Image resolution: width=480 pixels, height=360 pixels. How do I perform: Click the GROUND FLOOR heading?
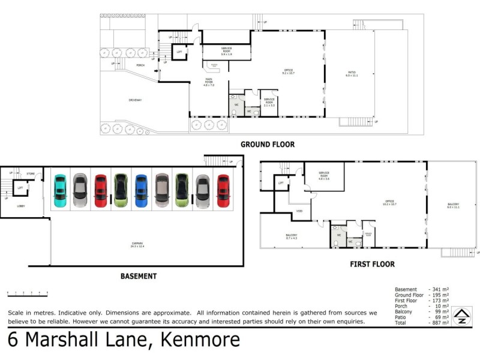click(x=268, y=145)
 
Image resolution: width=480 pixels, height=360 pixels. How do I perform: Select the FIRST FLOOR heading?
click(x=372, y=264)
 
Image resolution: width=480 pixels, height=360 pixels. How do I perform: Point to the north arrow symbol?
click(x=461, y=316)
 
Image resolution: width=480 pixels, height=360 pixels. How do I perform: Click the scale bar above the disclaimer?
click(x=27, y=293)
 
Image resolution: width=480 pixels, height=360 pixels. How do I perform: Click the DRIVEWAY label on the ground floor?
click(x=135, y=100)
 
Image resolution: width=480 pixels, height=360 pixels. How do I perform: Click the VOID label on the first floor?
click(x=299, y=211)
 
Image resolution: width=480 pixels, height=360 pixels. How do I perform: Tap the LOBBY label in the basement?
click(x=20, y=206)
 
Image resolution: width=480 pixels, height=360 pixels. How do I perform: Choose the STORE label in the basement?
click(x=31, y=174)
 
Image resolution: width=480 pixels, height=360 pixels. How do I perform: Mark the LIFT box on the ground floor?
click(x=179, y=53)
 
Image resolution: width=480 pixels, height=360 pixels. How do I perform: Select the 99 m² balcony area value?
click(x=440, y=311)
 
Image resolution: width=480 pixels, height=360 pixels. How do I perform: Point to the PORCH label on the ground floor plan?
click(x=140, y=65)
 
